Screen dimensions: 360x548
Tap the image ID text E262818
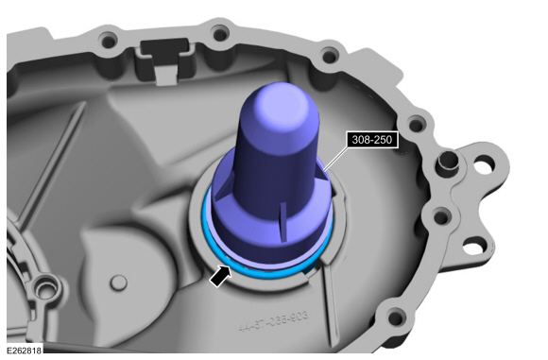pos(24,351)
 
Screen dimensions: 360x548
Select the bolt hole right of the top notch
pos(220,34)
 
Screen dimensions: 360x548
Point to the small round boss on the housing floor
pos(116,281)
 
